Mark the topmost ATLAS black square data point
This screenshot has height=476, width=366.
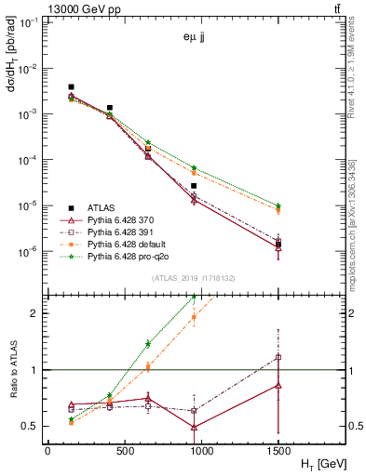click(x=71, y=87)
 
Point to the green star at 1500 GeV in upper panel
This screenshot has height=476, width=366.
click(x=278, y=205)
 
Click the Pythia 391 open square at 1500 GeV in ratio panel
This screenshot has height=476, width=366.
click(x=278, y=357)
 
